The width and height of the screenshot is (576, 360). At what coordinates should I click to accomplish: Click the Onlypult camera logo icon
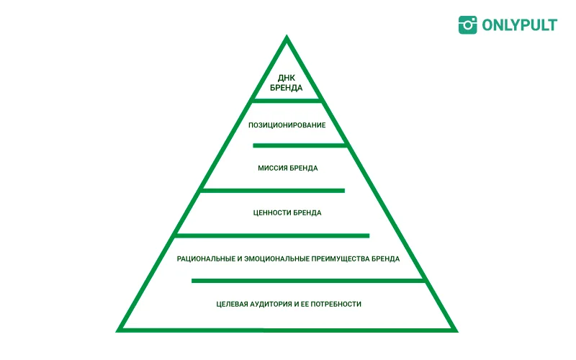pos(468,24)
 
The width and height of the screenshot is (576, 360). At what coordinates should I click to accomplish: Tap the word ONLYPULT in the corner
pos(519,24)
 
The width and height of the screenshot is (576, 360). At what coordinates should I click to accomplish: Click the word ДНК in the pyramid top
pos(287,78)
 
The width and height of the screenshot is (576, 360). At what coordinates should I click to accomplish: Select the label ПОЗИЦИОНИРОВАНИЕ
pos(287,125)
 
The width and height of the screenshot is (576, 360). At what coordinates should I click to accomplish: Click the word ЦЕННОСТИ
pos(272,213)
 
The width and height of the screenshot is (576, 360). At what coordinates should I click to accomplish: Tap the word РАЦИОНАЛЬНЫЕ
pos(205,258)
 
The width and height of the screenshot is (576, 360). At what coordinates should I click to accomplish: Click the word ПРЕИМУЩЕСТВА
pos(343,258)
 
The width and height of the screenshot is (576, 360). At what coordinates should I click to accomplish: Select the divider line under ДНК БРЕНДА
pos(287,100)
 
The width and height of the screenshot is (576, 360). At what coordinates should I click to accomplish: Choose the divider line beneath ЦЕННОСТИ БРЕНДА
pos(272,235)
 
